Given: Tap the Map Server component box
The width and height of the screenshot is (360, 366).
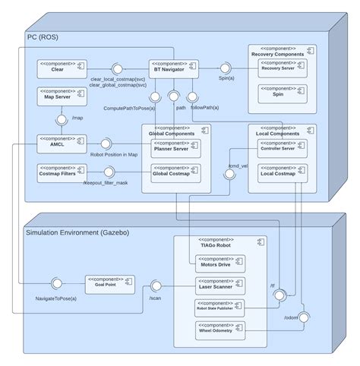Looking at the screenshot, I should tap(58, 96).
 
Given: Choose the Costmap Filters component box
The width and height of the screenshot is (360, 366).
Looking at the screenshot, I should tap(58, 172).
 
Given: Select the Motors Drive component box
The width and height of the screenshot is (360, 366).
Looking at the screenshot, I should tap(216, 263).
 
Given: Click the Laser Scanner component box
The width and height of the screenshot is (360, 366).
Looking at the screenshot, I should tap(216, 286).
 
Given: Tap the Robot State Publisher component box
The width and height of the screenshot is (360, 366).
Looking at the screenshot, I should tap(216, 308).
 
